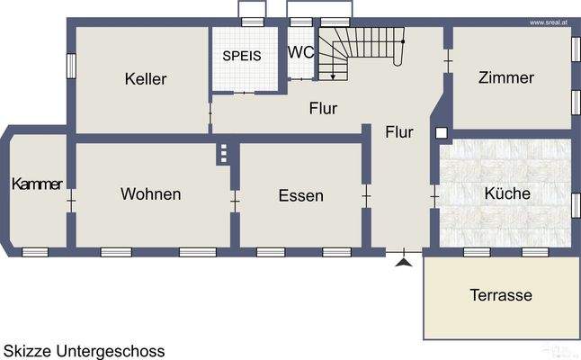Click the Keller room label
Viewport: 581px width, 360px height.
(146, 79)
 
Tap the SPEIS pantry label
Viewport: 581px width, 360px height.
(242, 55)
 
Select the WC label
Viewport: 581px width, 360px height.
(300, 52)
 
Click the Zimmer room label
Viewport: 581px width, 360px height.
(506, 77)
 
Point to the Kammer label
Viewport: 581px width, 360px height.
(37, 184)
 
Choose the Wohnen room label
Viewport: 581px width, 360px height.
(151, 193)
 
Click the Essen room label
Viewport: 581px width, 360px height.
(300, 195)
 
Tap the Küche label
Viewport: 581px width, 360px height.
(507, 193)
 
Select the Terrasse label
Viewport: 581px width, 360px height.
(501, 294)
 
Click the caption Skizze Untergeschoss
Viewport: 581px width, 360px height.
(85, 349)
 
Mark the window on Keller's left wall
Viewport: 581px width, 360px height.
(71, 66)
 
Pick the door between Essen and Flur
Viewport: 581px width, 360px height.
(366, 194)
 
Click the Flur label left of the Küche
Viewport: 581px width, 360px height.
(399, 132)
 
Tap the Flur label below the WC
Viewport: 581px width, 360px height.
(323, 109)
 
